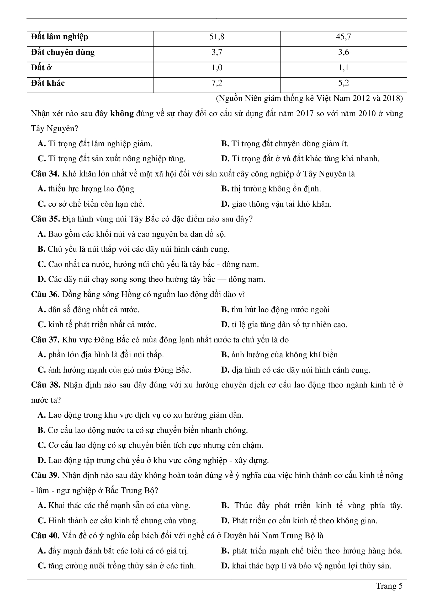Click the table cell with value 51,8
(x=217, y=37)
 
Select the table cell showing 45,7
(x=343, y=37)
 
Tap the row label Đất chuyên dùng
(x=63, y=52)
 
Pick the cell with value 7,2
(x=217, y=83)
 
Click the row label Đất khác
(x=48, y=83)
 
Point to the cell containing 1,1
(x=343, y=68)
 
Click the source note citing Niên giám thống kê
(x=309, y=99)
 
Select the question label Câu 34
(x=45, y=174)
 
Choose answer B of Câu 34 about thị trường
(x=271, y=189)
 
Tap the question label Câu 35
(x=45, y=219)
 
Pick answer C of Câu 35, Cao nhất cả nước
(x=148, y=264)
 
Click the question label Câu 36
(x=45, y=294)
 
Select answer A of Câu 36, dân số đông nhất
(x=89, y=310)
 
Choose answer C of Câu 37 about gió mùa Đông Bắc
(x=114, y=370)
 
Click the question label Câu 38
(x=45, y=385)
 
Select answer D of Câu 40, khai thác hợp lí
(x=306, y=566)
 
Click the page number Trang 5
(x=389, y=586)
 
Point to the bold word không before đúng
(x=122, y=114)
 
